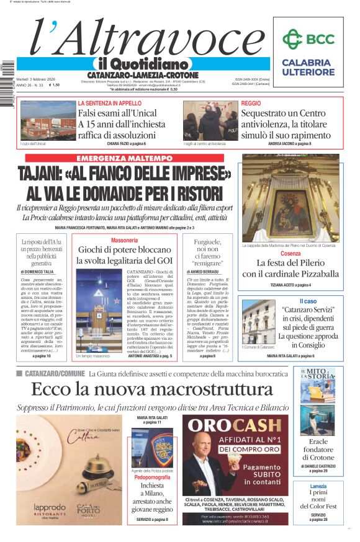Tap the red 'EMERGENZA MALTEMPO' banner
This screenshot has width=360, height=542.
pyautogui.click(x=124, y=159)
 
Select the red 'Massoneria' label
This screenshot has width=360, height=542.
pyautogui.click(x=124, y=240)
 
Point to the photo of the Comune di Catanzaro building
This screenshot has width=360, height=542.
pyautogui.click(x=259, y=322)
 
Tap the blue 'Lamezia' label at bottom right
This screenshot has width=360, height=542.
pyautogui.click(x=318, y=486)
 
